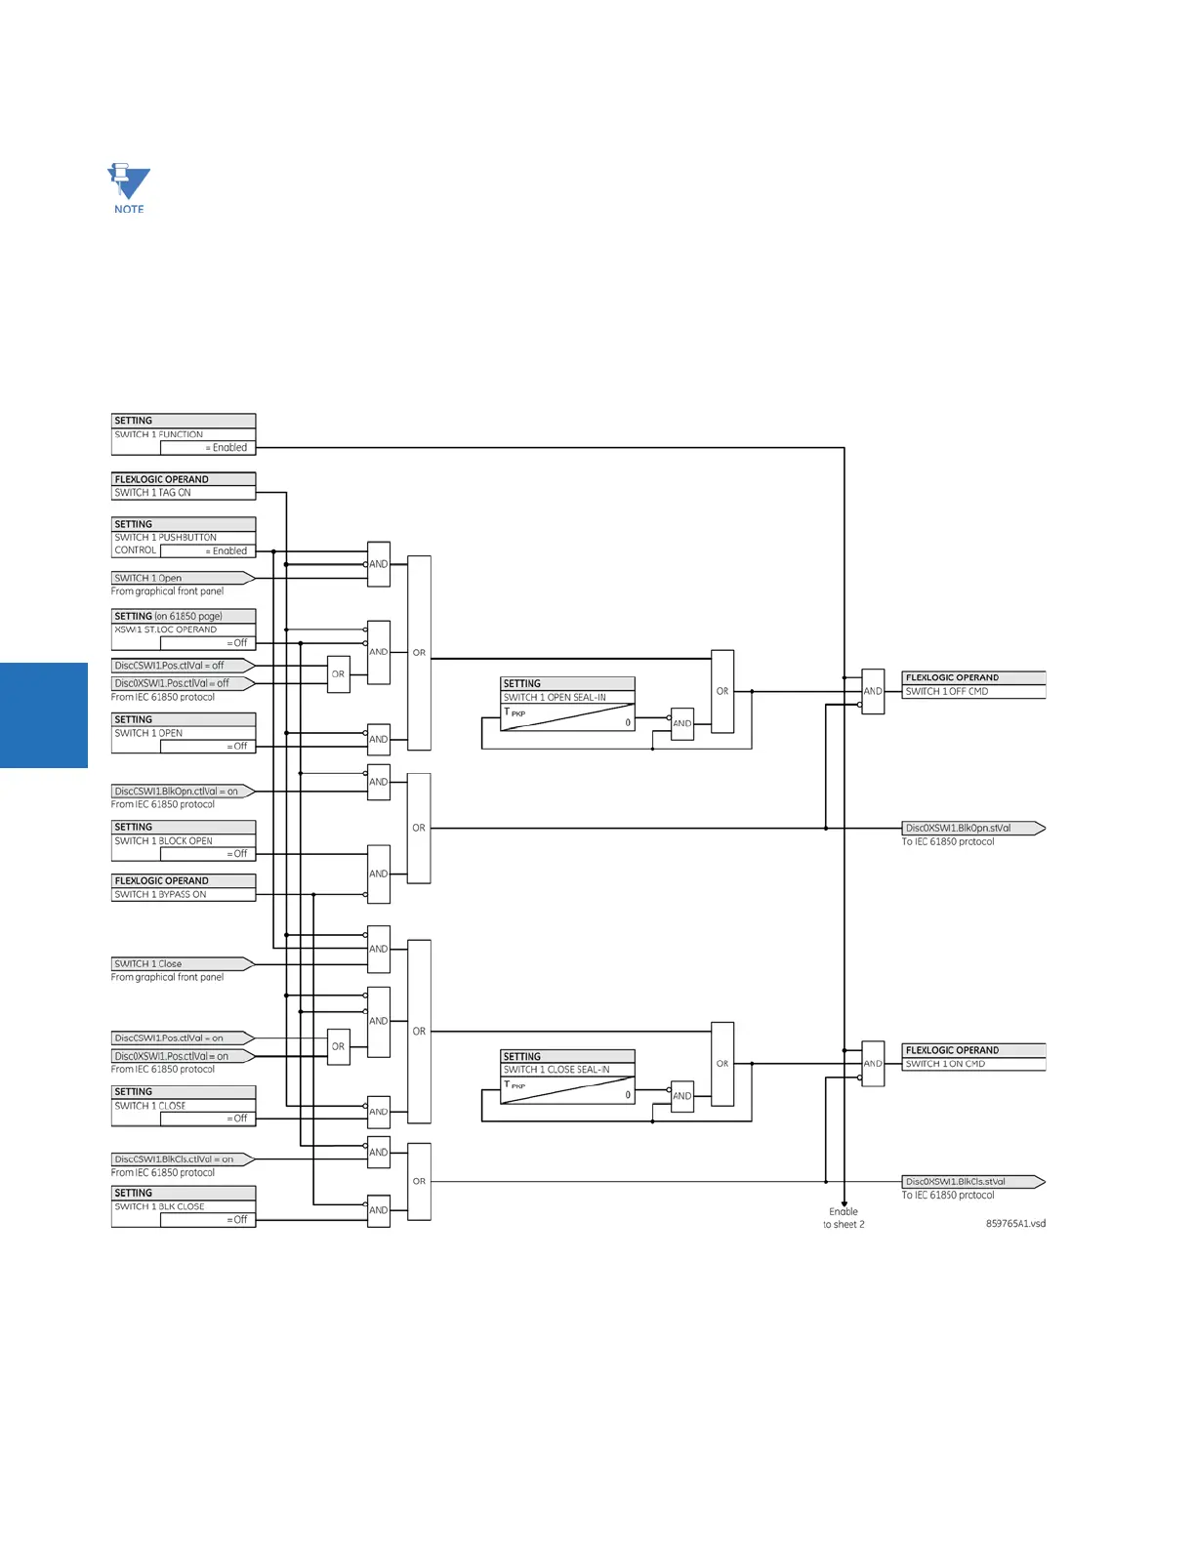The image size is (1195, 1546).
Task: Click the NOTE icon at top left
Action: click(x=128, y=187)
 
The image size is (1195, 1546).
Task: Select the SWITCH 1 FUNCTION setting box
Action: click(x=184, y=435)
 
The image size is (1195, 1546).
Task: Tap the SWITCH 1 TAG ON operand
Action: click(x=184, y=487)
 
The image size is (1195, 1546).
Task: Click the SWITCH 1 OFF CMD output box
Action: click(x=973, y=685)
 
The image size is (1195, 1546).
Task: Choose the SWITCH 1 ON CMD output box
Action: click(x=973, y=1058)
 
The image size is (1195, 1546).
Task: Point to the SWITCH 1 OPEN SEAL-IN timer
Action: click(x=567, y=705)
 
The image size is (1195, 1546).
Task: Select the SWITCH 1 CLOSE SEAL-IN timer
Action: click(x=567, y=1078)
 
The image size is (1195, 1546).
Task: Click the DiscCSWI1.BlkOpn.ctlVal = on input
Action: click(x=180, y=792)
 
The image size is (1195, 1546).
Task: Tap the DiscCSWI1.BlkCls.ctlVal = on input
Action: click(x=180, y=1159)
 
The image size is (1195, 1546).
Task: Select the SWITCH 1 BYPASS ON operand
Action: click(x=184, y=888)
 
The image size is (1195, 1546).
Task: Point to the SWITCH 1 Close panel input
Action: click(x=180, y=964)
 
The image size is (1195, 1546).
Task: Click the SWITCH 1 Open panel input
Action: click(x=180, y=579)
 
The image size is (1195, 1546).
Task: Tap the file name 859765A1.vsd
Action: click(x=1015, y=1224)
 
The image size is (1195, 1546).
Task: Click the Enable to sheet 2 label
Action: click(x=844, y=1218)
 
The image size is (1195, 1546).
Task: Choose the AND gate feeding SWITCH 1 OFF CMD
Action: click(x=873, y=691)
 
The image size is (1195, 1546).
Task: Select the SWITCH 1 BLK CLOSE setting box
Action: click(x=184, y=1206)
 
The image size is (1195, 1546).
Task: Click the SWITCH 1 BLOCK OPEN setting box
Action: click(x=184, y=840)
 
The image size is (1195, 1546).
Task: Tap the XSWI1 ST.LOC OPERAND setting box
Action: click(x=184, y=630)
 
